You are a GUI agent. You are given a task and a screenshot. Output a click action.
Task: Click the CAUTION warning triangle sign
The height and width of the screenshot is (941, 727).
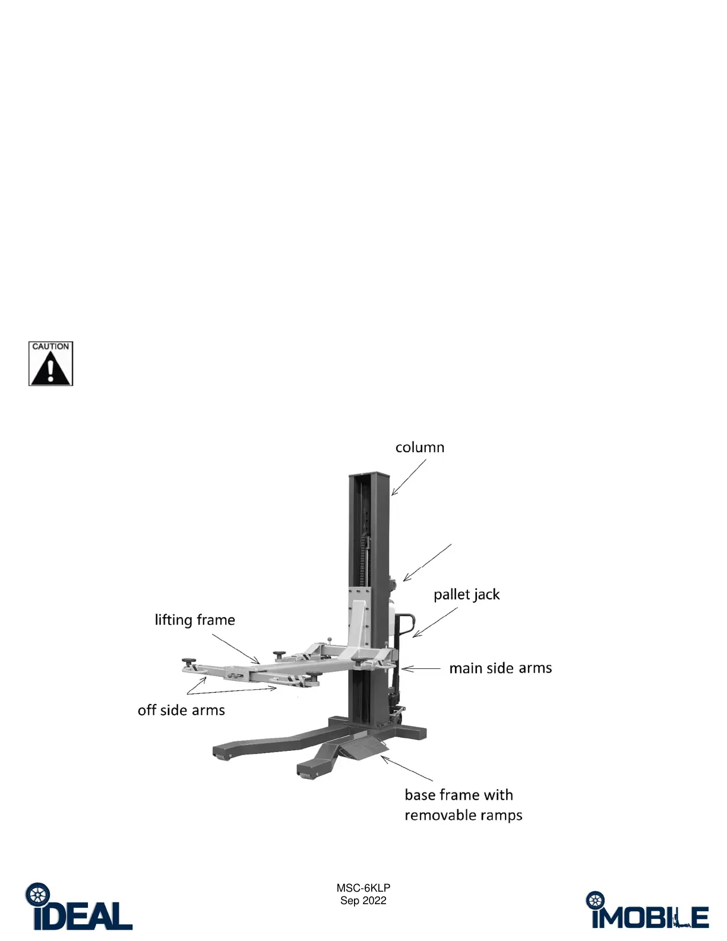pos(50,364)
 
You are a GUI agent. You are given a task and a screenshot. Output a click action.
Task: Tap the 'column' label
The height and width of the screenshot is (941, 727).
pos(420,447)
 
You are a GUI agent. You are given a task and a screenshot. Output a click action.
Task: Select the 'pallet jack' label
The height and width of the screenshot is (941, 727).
pos(466,595)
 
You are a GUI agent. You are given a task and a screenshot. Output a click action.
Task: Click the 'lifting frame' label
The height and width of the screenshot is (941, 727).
pos(195,620)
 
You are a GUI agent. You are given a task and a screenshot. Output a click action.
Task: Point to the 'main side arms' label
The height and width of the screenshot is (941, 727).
pos(500,668)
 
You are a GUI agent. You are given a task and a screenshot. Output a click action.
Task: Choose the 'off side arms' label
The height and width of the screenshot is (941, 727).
pos(181,711)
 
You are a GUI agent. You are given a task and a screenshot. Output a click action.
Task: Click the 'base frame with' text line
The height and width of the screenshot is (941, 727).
pos(459,795)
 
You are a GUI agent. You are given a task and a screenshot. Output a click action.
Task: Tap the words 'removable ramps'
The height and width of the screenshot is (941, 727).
pos(463,815)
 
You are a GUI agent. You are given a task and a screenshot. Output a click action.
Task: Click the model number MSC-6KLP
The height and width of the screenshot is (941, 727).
pos(363,888)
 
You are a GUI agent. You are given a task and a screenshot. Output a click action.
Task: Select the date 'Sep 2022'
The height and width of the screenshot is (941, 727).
pos(363,901)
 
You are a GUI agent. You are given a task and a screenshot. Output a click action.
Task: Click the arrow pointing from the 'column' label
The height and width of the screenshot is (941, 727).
pos(409,478)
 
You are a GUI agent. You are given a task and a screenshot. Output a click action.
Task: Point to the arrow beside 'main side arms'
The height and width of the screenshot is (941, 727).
pos(421,669)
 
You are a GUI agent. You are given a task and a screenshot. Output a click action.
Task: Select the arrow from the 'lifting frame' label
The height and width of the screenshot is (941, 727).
pos(236,648)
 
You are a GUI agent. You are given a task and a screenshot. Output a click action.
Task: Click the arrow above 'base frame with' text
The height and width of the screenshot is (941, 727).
pos(407,769)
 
